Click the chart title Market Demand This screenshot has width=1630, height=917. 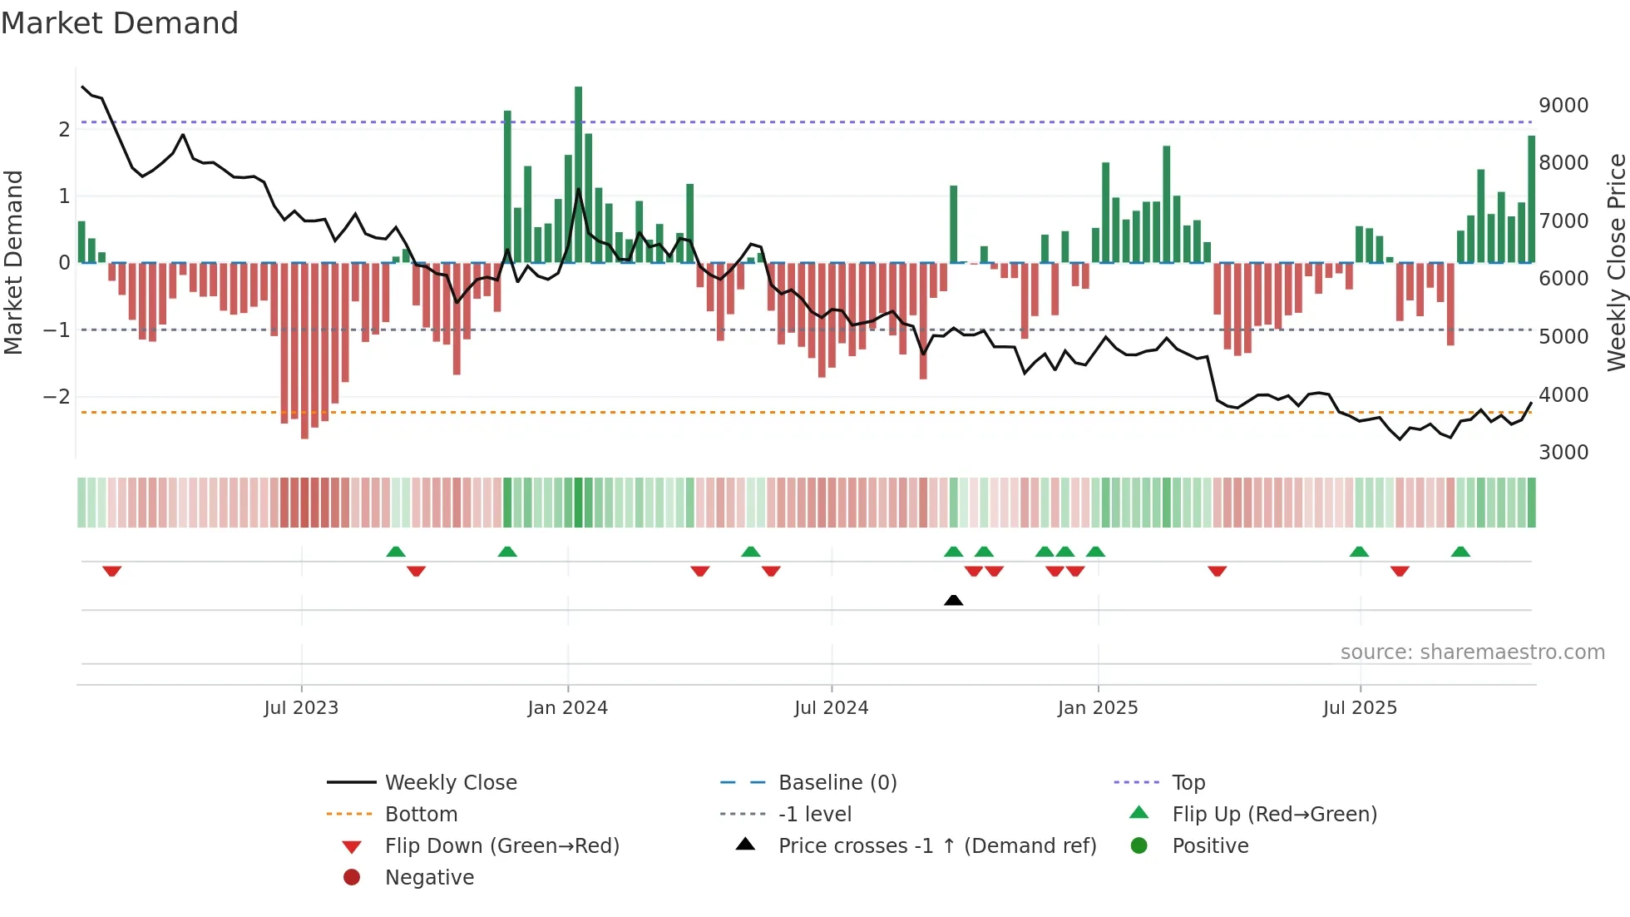point(120,23)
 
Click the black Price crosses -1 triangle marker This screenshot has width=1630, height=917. point(954,600)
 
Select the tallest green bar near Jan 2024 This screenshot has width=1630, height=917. point(578,175)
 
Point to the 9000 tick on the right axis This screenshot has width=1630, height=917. point(1563,106)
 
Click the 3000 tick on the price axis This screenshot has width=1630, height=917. point(1563,453)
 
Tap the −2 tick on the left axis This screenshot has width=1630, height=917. point(57,397)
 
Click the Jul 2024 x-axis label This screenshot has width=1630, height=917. point(831,708)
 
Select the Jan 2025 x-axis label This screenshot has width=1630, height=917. point(1097,708)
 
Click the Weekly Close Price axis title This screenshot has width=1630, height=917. point(1616,262)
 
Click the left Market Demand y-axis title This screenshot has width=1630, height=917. point(13,262)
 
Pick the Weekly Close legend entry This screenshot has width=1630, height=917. point(450,783)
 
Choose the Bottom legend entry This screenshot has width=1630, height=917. point(421,815)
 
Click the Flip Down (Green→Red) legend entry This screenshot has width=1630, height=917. point(501,846)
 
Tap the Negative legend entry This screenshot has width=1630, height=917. point(429,878)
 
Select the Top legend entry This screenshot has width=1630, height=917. point(1188,783)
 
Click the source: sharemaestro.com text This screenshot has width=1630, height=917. point(1472,652)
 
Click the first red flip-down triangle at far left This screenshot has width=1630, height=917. point(112,571)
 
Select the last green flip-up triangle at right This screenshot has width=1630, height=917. point(1460,552)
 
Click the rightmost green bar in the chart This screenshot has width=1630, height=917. point(1531,200)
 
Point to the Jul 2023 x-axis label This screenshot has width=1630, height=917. point(301,708)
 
